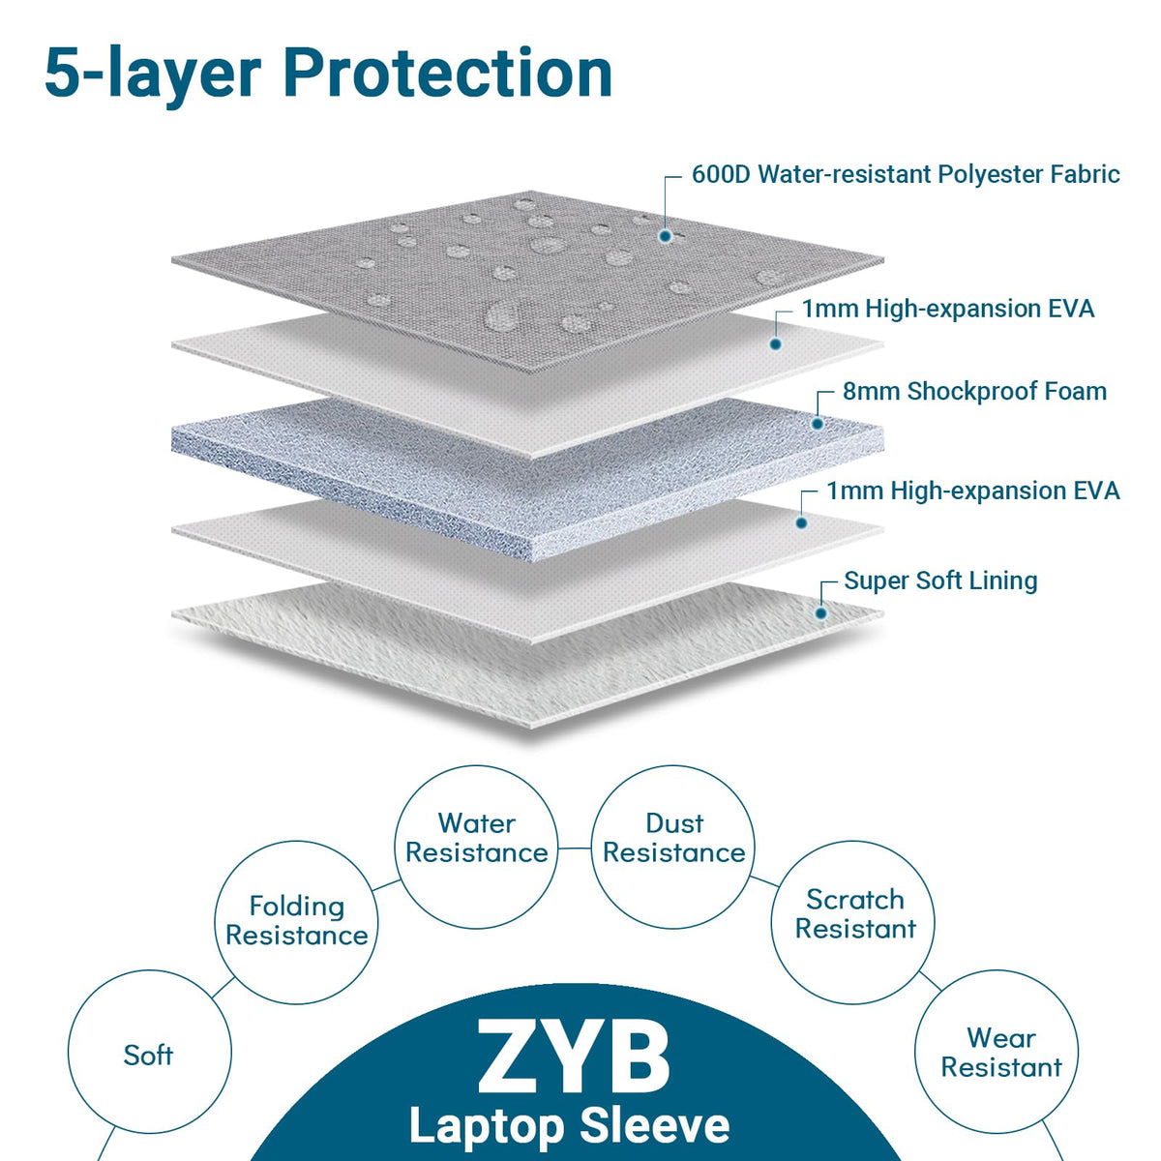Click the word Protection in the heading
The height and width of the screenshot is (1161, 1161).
[x=448, y=73]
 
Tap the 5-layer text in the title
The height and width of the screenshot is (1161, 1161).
[x=153, y=75]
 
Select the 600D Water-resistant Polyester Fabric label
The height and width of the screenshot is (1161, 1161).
[x=906, y=175]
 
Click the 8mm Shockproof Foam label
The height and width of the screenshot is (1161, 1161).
[x=974, y=392]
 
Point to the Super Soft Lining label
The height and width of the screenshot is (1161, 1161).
[x=940, y=580]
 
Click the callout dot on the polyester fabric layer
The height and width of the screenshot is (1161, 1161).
[x=665, y=236]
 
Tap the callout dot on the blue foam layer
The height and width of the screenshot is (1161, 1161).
[x=818, y=424]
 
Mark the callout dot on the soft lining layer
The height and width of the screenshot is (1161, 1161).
[x=820, y=613]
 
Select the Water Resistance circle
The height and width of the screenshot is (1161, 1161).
[x=477, y=848]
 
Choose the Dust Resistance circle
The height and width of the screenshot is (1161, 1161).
[x=673, y=848]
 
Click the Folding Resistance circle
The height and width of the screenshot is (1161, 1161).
[x=296, y=922]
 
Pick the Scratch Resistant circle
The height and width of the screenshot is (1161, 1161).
[x=853, y=922]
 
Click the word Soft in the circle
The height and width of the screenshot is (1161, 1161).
[x=148, y=1056]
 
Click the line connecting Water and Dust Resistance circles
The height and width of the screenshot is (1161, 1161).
[x=575, y=848]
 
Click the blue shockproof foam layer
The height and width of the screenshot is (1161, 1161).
[x=528, y=479]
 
